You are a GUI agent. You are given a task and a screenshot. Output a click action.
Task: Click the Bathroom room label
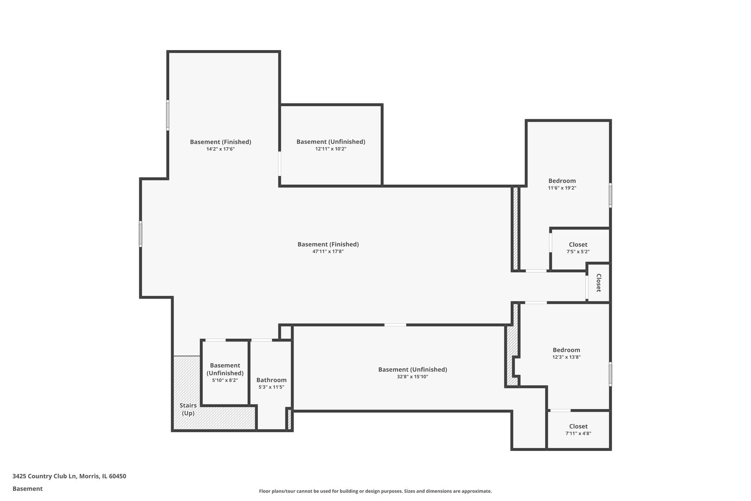[271, 380]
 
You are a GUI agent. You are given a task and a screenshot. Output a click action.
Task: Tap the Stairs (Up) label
[188, 409]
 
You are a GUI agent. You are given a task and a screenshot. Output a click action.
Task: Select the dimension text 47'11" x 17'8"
[328, 251]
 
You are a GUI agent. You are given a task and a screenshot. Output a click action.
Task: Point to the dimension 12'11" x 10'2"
[331, 149]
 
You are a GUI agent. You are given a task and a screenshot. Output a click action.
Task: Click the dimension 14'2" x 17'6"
[220, 149]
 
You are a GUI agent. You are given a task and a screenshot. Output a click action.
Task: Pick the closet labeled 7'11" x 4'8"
[578, 430]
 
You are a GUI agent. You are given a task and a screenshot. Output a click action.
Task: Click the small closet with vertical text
[598, 283]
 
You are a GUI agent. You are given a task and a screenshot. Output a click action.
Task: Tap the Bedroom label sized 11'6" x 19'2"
[562, 181]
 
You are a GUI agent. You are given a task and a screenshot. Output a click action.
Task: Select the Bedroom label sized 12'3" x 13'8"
[566, 350]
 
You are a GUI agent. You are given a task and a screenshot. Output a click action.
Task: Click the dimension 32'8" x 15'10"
[412, 377]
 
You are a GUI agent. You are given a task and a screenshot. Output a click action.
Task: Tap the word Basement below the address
[27, 488]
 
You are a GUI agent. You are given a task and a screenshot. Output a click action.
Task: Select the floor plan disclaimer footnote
[375, 491]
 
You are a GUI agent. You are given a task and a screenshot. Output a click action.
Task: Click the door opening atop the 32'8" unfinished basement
[395, 325]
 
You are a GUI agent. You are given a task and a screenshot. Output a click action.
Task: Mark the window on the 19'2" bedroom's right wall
[610, 195]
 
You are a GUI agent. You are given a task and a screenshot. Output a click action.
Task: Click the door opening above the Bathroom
[261, 340]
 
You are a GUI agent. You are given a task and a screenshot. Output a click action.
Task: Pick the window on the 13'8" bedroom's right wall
[610, 374]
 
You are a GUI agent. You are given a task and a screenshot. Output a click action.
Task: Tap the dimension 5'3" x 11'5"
[271, 387]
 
